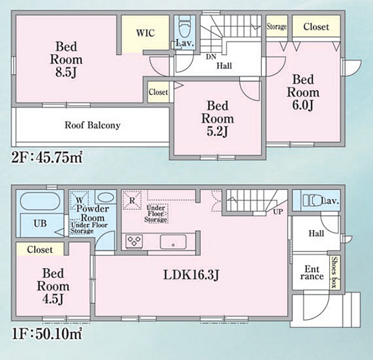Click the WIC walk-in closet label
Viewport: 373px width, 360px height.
tap(144, 33)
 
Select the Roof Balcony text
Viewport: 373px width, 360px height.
tap(93, 126)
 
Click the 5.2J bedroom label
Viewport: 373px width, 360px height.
tap(218, 119)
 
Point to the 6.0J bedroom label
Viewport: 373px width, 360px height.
tap(303, 93)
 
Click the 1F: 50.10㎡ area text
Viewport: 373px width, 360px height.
tap(47, 332)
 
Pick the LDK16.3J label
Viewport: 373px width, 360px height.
tap(191, 275)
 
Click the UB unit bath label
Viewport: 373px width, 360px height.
tap(40, 224)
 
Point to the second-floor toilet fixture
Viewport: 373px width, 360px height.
tap(184, 27)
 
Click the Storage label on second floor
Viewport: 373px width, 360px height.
tap(277, 26)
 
